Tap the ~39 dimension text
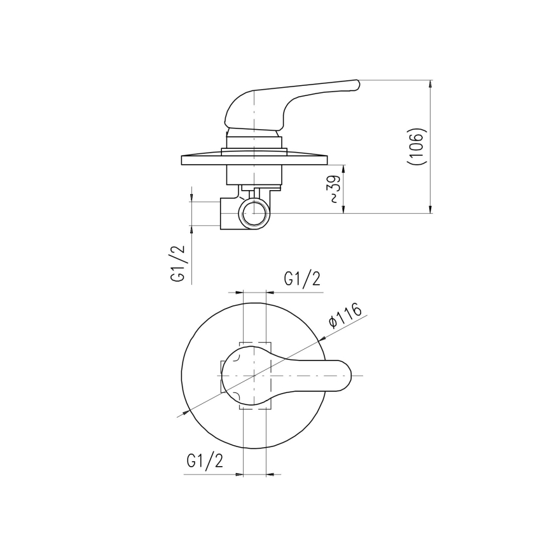[x=335, y=190]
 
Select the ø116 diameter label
[x=346, y=315]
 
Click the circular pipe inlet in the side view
[x=254, y=213]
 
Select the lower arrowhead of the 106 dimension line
[x=431, y=209]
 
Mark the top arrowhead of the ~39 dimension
[x=344, y=169]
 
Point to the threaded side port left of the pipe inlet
[x=226, y=213]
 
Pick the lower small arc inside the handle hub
[x=234, y=396]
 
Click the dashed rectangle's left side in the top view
[x=221, y=376]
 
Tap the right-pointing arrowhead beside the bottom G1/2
[x=240, y=474]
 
